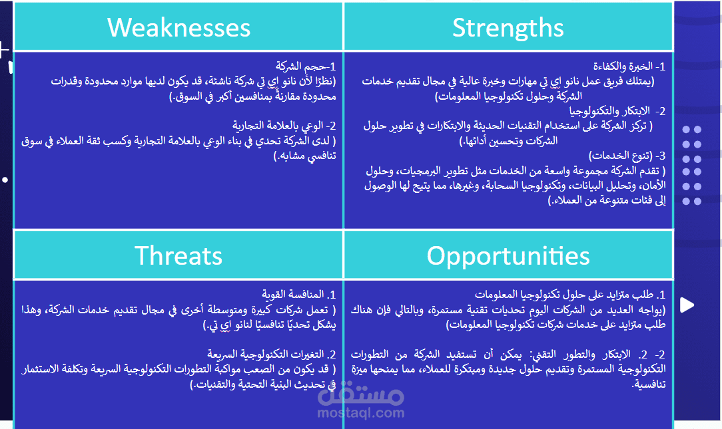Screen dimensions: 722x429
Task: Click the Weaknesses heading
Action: pyautogui.click(x=179, y=27)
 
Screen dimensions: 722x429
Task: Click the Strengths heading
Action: pyautogui.click(x=508, y=28)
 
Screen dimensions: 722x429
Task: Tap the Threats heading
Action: pyautogui.click(x=179, y=255)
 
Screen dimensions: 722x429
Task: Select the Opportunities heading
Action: pyautogui.click(x=508, y=256)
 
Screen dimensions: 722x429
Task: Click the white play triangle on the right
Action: pyautogui.click(x=687, y=305)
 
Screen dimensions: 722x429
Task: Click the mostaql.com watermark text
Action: pyautogui.click(x=360, y=413)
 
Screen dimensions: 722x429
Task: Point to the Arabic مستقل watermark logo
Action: pyautogui.click(x=360, y=394)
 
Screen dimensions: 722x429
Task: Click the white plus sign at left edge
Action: pyautogui.click(x=3, y=50)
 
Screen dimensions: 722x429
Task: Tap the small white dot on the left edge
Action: pyautogui.click(x=5, y=180)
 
